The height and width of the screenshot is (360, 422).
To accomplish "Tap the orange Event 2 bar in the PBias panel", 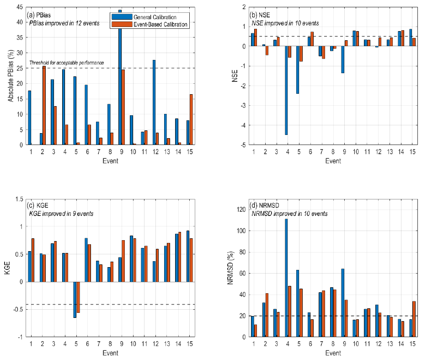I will pyautogui.click(x=44, y=105).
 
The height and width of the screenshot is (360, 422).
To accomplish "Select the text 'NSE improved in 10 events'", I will pyautogui.click(x=285, y=23).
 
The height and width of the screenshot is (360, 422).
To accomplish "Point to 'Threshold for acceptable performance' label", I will pyautogui.click(x=67, y=63).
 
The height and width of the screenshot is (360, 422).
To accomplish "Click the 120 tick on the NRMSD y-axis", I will pyautogui.click(x=239, y=210).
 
